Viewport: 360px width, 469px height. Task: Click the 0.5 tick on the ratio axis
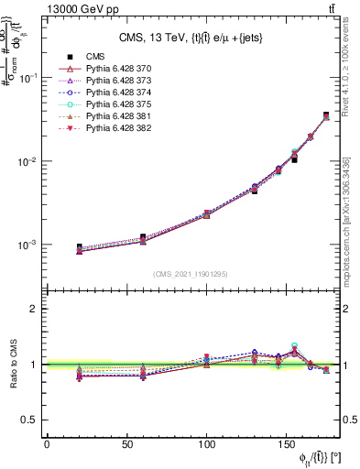click(32, 420)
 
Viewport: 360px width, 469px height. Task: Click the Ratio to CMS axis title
click(13, 364)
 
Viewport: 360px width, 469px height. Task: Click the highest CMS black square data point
click(326, 115)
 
